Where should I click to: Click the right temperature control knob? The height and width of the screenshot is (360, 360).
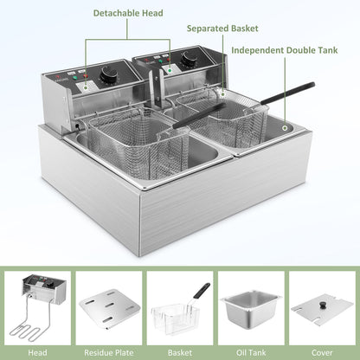pyautogui.click(x=188, y=61)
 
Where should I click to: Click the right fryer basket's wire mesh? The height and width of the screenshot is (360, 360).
pyautogui.click(x=216, y=121)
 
